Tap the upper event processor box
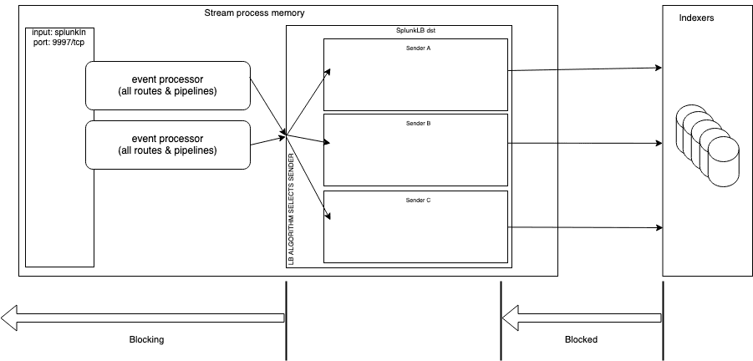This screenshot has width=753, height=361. point(168,84)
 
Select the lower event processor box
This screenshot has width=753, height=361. point(168,144)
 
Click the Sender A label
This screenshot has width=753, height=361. point(417,48)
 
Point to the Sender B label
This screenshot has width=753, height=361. point(417,123)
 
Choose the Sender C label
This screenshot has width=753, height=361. point(417,201)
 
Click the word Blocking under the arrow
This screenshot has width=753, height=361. point(146,340)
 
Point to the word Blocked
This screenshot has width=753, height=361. point(581,340)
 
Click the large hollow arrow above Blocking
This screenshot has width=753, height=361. point(142,317)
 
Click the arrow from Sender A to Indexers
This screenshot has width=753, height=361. point(585,69)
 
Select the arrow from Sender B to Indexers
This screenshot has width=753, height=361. point(585,144)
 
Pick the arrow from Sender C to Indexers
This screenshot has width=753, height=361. point(585,226)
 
